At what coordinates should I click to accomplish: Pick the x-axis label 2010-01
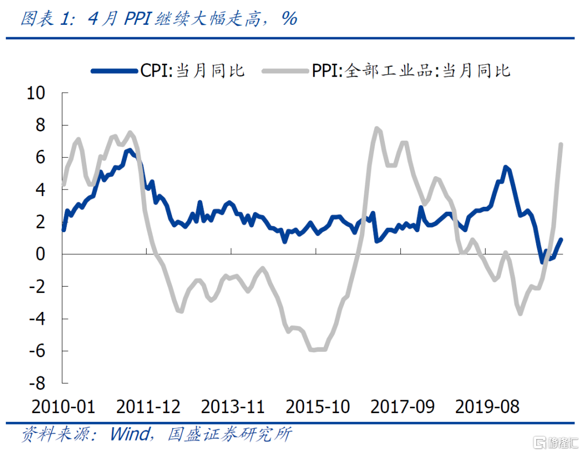(x=64, y=406)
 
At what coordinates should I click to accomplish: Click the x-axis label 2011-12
(x=148, y=406)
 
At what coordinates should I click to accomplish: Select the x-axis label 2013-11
(x=233, y=406)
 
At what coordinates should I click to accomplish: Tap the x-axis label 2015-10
(x=317, y=406)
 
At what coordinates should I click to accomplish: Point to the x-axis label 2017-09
(x=403, y=406)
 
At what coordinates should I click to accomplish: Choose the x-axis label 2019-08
(x=487, y=406)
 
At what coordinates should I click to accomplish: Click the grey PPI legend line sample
(x=286, y=71)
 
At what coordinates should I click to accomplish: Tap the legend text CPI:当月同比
(x=192, y=71)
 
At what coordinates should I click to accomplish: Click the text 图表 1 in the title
(x=46, y=19)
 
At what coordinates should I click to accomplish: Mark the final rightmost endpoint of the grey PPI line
(x=561, y=144)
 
